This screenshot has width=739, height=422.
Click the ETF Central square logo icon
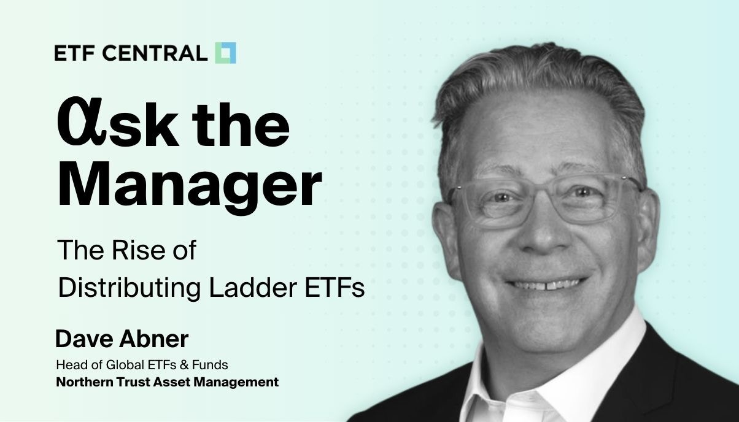click(225, 53)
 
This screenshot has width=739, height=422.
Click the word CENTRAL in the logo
click(155, 53)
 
